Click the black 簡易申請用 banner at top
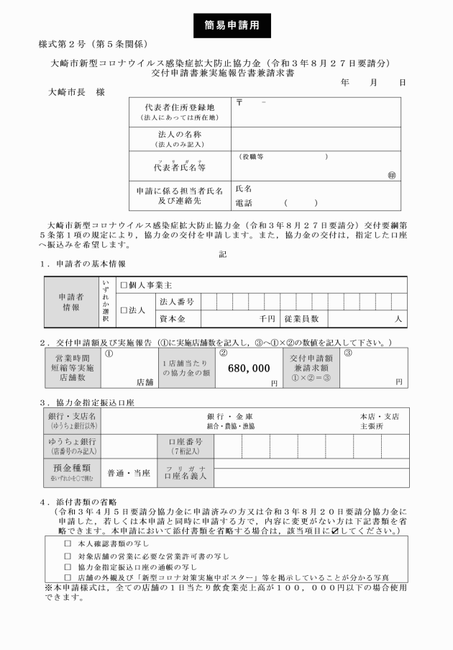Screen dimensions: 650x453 click(x=226, y=24)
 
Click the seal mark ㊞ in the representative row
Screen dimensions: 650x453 click(x=392, y=174)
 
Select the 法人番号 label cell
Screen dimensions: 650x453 click(x=177, y=301)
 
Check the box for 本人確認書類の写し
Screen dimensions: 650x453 click(x=68, y=543)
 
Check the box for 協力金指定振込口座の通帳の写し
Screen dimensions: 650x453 click(x=68, y=567)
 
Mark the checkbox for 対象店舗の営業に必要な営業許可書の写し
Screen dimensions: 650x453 click(x=68, y=555)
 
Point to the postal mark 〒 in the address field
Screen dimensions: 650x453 click(x=239, y=104)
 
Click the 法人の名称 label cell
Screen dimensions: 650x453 click(x=179, y=138)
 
